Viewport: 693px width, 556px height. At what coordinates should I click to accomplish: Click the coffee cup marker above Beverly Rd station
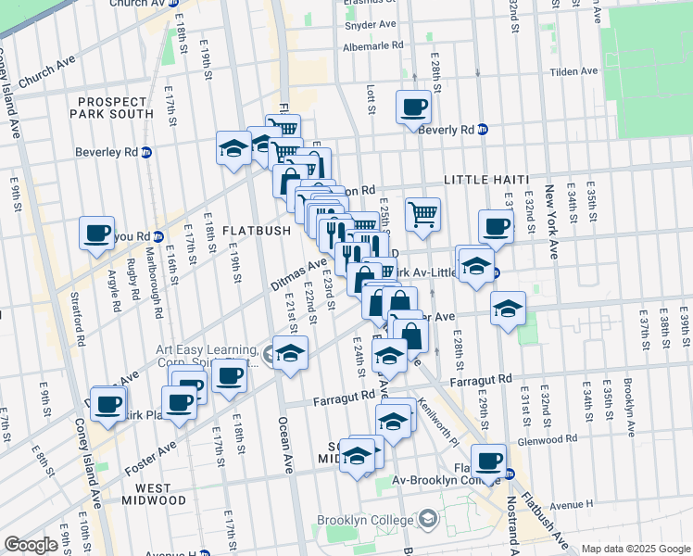pyautogui.click(x=413, y=107)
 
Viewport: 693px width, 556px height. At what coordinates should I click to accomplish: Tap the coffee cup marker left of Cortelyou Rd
pyautogui.click(x=95, y=234)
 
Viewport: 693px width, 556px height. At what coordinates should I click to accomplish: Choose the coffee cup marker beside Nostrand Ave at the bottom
pyautogui.click(x=488, y=461)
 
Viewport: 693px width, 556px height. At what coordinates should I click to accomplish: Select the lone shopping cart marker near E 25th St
pyautogui.click(x=422, y=215)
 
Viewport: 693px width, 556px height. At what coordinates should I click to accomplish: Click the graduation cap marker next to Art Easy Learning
pyautogui.click(x=290, y=355)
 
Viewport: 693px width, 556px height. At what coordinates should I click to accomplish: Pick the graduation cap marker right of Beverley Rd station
pyautogui.click(x=234, y=147)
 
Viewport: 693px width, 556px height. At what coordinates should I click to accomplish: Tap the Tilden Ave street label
pyautogui.click(x=574, y=71)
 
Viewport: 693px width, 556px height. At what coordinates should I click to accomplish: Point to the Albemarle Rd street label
pyautogui.click(x=373, y=44)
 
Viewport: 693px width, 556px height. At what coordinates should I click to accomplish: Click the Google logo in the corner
pyautogui.click(x=31, y=545)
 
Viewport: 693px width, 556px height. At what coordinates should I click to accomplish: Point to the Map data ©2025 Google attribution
pyautogui.click(x=635, y=549)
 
